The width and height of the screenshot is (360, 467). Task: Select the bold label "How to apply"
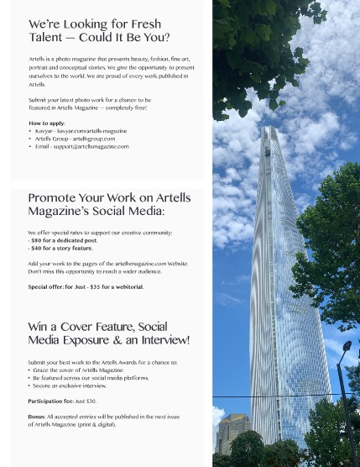46,123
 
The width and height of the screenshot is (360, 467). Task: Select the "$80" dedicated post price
36,240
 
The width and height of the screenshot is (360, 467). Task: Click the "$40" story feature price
36,248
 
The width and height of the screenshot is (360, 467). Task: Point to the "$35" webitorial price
97,286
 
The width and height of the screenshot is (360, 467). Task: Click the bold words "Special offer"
45,286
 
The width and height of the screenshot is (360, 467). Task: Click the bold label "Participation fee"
50,401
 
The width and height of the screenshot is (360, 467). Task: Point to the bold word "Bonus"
36,417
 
